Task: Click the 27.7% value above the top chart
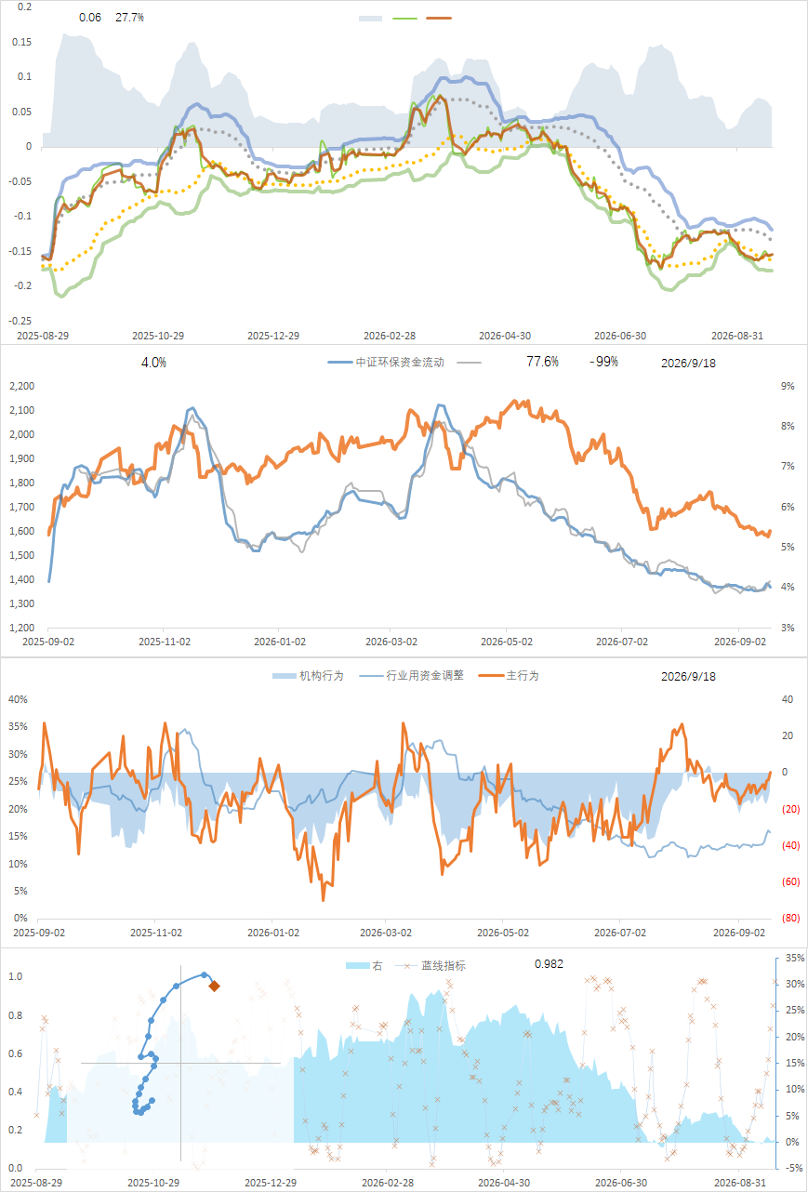[129, 18]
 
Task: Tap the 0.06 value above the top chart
[90, 18]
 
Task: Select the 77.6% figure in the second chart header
[542, 362]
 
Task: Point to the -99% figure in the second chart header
[603, 362]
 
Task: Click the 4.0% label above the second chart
[153, 363]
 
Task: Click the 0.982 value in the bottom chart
[549, 964]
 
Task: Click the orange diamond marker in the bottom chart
[215, 987]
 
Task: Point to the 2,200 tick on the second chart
[21, 387]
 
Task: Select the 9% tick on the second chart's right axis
[788, 387]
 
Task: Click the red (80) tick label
[790, 918]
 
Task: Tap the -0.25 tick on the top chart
[20, 321]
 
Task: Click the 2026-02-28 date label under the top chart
[389, 336]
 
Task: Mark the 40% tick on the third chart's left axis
[18, 700]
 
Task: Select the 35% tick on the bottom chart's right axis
[795, 958]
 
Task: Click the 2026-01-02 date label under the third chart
[273, 933]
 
